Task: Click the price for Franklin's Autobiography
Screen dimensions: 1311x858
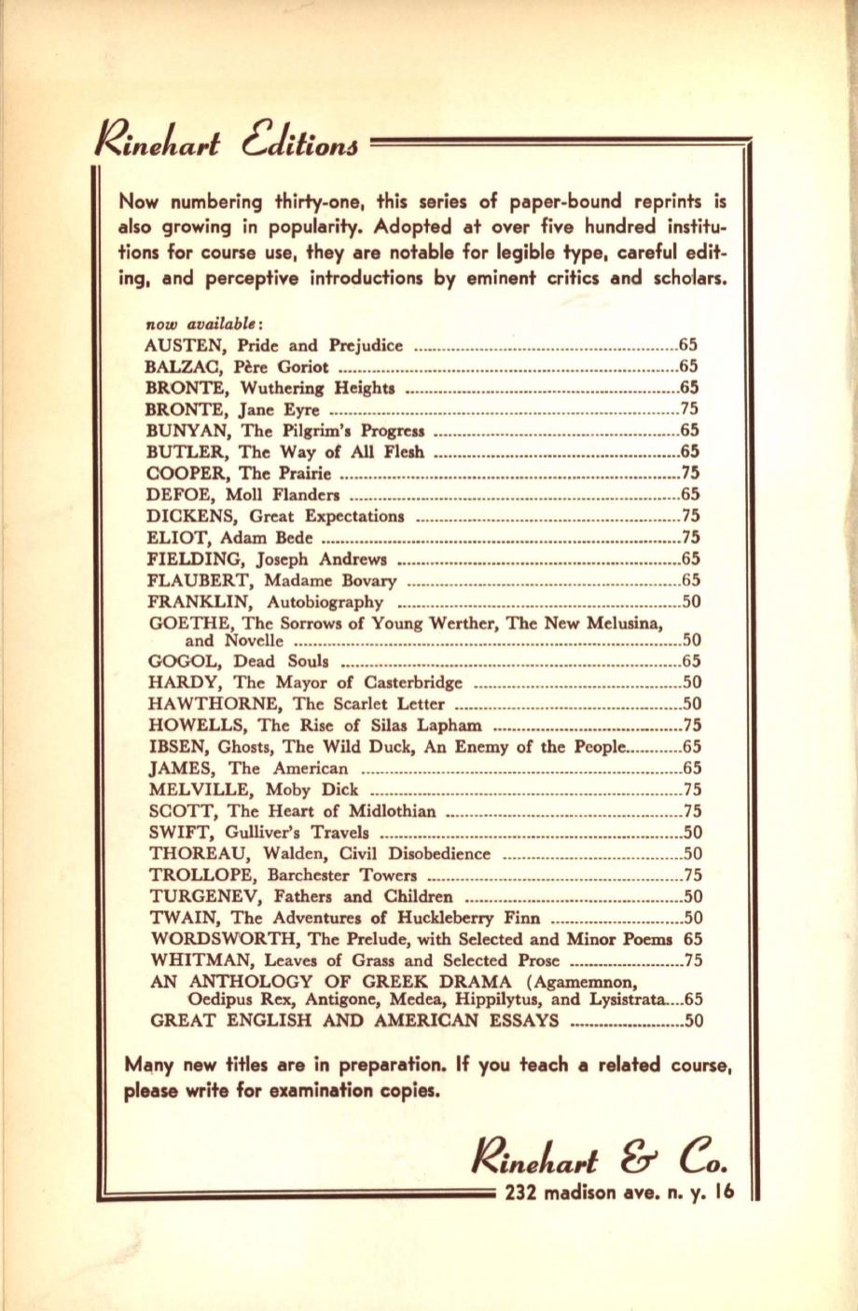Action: point(692,601)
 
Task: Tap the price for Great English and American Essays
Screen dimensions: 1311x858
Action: point(692,1020)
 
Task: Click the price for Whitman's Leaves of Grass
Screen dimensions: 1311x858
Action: point(692,959)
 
